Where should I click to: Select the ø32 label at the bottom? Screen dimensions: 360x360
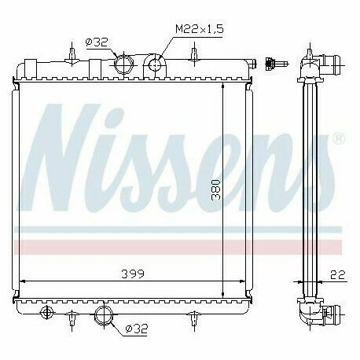137,329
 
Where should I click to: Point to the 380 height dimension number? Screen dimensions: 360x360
215,188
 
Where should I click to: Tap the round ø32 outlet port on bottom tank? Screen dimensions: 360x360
104,317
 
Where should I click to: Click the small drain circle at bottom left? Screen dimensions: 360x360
46,314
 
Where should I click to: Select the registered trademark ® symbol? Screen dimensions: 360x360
339,138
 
